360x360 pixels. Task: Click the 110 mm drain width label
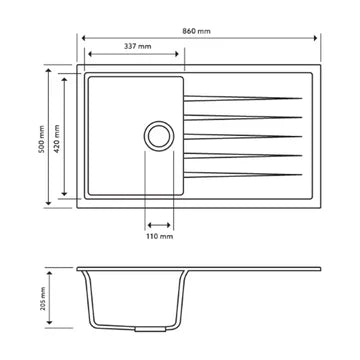click(160, 237)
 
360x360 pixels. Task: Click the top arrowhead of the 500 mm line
click(50, 70)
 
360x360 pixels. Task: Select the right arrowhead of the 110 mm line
click(172, 225)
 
